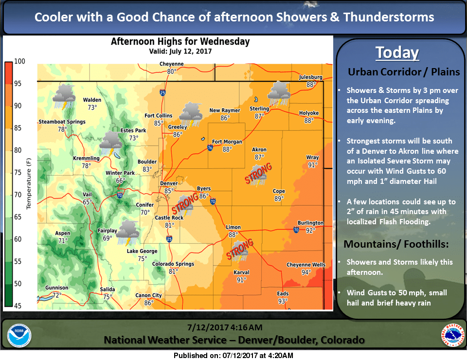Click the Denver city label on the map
(x=169, y=183)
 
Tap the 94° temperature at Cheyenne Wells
(x=305, y=272)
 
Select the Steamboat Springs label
(x=62, y=122)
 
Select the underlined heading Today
(x=397, y=53)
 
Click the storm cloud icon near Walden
(x=64, y=95)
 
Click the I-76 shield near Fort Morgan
(x=210, y=147)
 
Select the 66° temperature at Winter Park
(x=121, y=181)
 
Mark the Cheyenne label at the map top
(x=172, y=64)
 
